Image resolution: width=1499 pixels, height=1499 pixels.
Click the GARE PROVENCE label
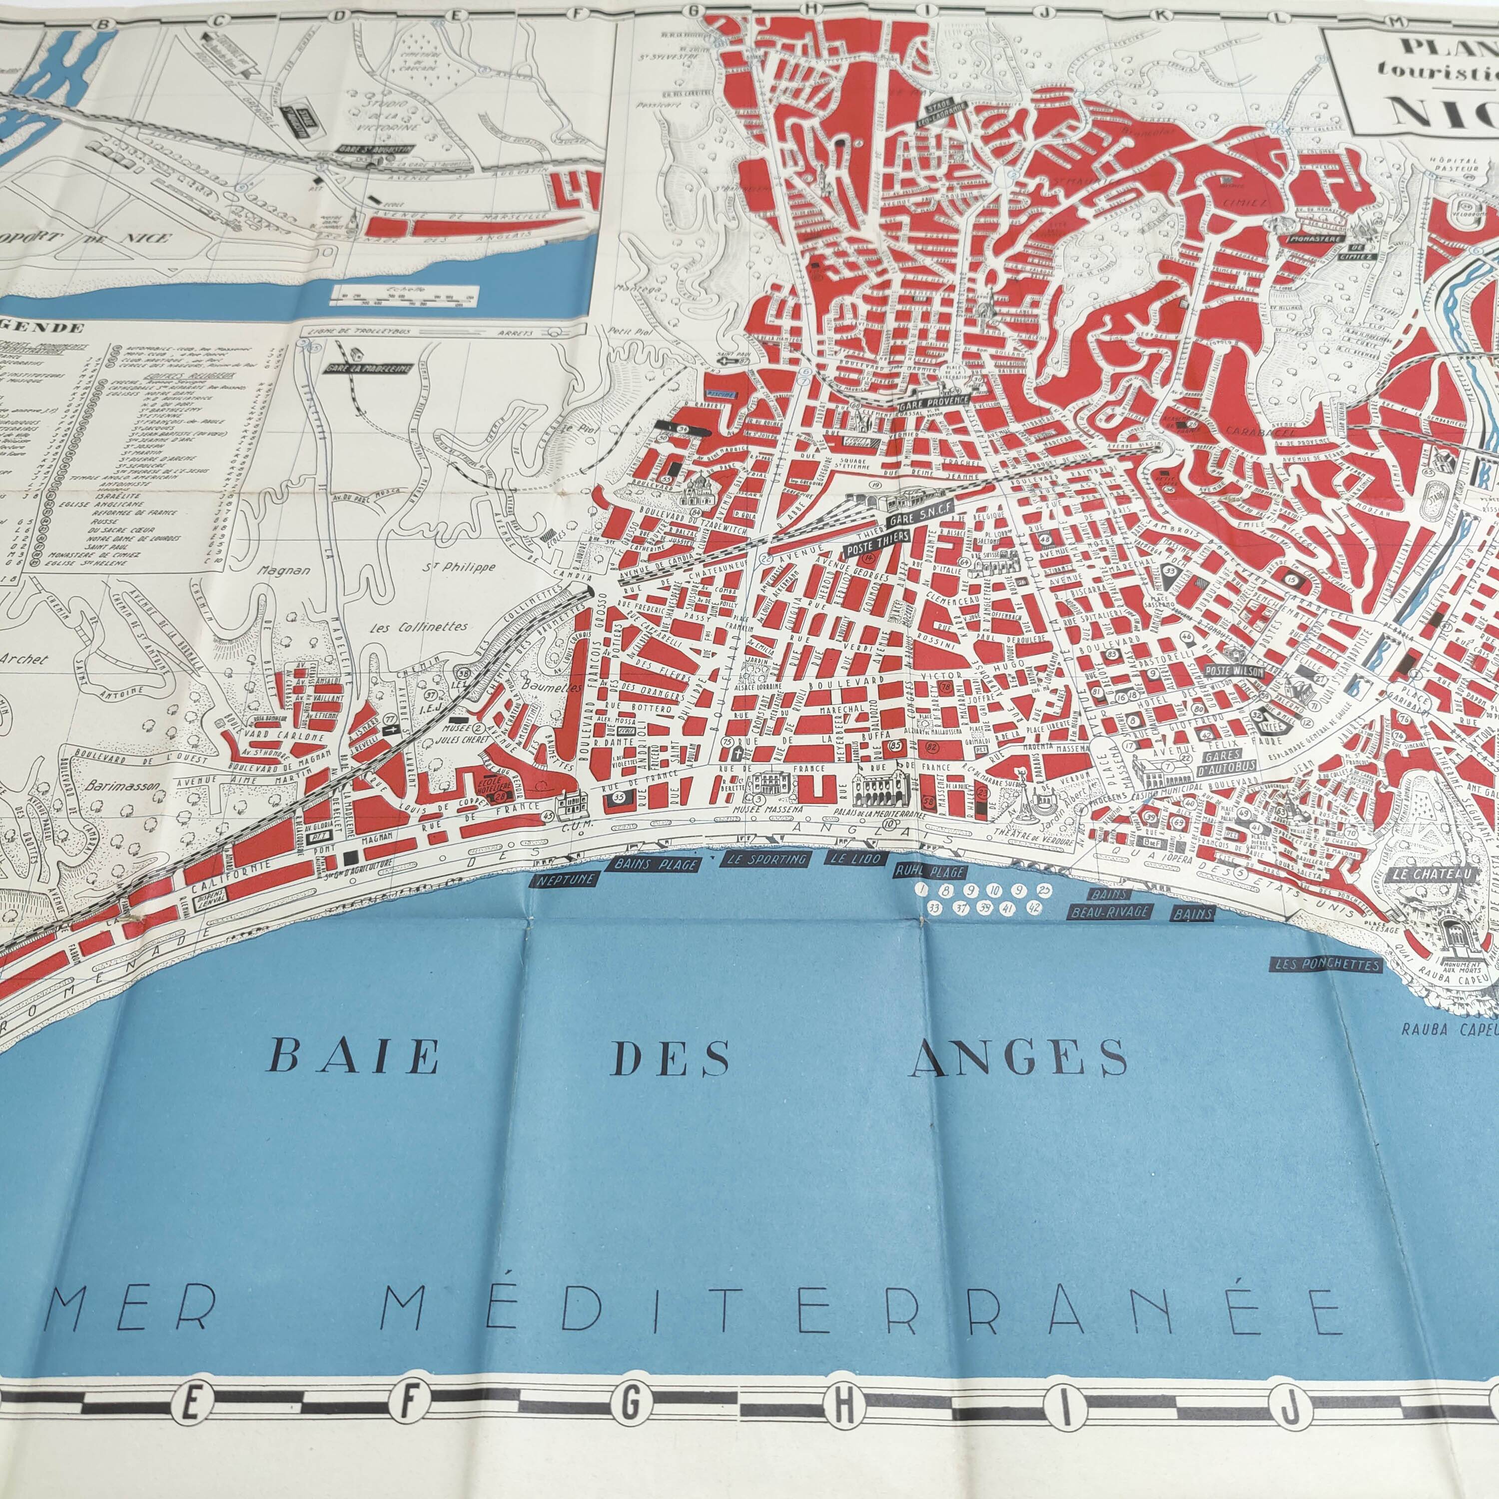click(933, 402)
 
